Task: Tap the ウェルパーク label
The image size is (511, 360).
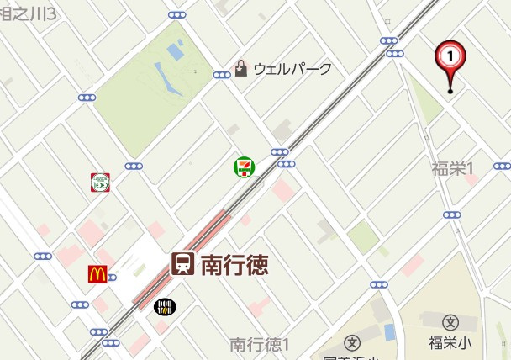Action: (x=292, y=69)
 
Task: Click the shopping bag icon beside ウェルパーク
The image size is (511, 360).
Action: (x=241, y=68)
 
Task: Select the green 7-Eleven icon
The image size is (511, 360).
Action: (x=244, y=167)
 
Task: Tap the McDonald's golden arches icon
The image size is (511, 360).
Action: (x=97, y=273)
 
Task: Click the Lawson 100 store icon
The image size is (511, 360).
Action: (x=101, y=182)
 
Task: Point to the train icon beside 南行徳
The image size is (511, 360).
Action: (x=182, y=264)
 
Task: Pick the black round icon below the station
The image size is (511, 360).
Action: (x=165, y=306)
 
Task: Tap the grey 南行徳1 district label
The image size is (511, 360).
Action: (x=260, y=345)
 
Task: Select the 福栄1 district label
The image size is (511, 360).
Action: (x=453, y=168)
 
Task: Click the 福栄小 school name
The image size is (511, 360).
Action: (x=450, y=343)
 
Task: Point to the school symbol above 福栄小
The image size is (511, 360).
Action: (x=450, y=322)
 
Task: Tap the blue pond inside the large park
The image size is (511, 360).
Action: (x=175, y=51)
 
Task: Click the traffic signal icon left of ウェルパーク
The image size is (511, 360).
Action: (x=222, y=75)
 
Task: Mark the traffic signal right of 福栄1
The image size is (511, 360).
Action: (x=502, y=166)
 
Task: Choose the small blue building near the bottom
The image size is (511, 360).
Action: (x=389, y=331)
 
